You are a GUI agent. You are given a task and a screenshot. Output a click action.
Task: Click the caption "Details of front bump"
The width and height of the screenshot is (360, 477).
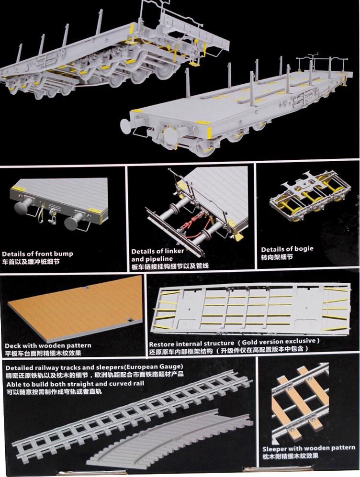(x=37, y=254)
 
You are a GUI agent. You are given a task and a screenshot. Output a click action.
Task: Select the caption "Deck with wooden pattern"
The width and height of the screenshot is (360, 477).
(x=48, y=345)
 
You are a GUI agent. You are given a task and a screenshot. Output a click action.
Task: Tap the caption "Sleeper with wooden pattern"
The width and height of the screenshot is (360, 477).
(x=309, y=448)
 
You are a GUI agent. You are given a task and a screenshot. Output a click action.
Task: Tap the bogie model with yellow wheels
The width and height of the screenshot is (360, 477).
(x=310, y=195)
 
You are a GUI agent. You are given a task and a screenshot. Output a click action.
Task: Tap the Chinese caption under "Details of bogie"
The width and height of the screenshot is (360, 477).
(x=277, y=257)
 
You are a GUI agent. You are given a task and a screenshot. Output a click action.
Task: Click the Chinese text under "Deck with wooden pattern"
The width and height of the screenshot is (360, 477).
(x=43, y=353)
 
